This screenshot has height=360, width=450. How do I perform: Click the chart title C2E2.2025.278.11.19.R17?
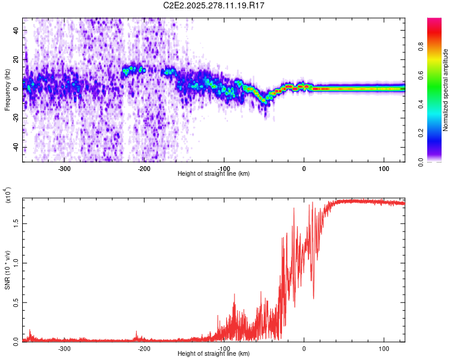(214, 5)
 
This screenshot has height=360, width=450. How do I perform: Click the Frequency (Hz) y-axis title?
(7, 89)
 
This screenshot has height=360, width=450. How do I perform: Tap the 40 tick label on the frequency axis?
(17, 29)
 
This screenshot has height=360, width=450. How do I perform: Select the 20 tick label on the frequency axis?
(17, 59)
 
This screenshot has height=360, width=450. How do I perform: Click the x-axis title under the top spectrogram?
(214, 173)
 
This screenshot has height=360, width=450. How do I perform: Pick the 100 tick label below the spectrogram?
(384, 169)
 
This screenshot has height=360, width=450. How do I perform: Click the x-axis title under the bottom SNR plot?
(214, 353)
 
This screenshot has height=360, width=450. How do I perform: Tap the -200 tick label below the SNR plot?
(144, 349)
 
